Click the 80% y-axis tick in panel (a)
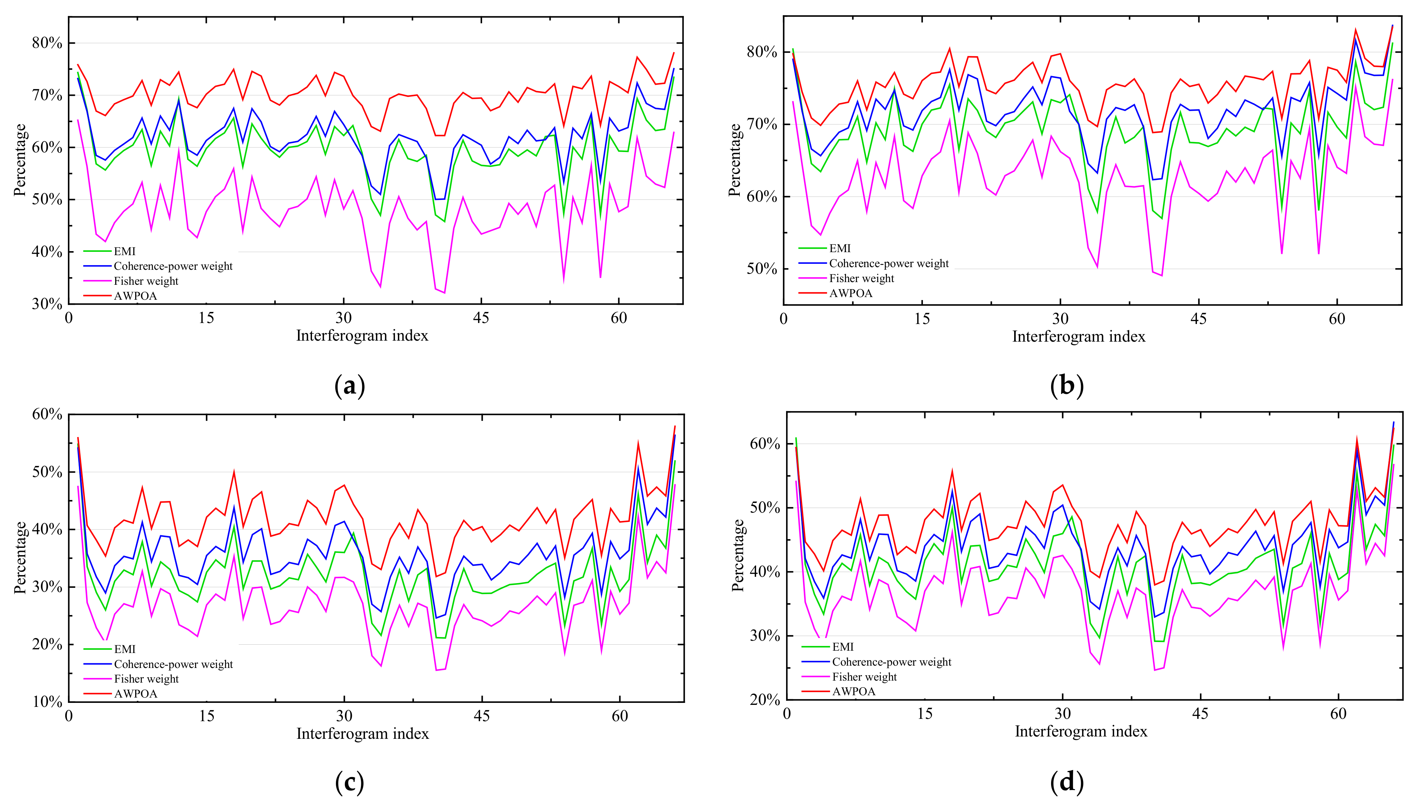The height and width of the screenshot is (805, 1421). (x=47, y=43)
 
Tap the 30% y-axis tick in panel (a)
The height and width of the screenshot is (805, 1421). (x=47, y=303)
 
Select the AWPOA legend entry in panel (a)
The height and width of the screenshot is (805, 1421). (x=135, y=296)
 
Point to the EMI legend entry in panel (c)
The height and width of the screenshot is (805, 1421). (x=125, y=649)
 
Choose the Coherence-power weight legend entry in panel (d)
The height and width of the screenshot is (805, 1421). (x=891, y=662)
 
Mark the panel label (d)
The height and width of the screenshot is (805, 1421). (x=1066, y=782)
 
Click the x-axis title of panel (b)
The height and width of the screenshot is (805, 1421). (x=1078, y=337)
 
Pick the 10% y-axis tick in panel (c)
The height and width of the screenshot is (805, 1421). (x=47, y=702)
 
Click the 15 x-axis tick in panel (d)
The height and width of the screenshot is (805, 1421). (x=925, y=714)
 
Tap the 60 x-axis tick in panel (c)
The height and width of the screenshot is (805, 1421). (x=619, y=716)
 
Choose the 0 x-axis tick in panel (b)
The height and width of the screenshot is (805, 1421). (x=783, y=319)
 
